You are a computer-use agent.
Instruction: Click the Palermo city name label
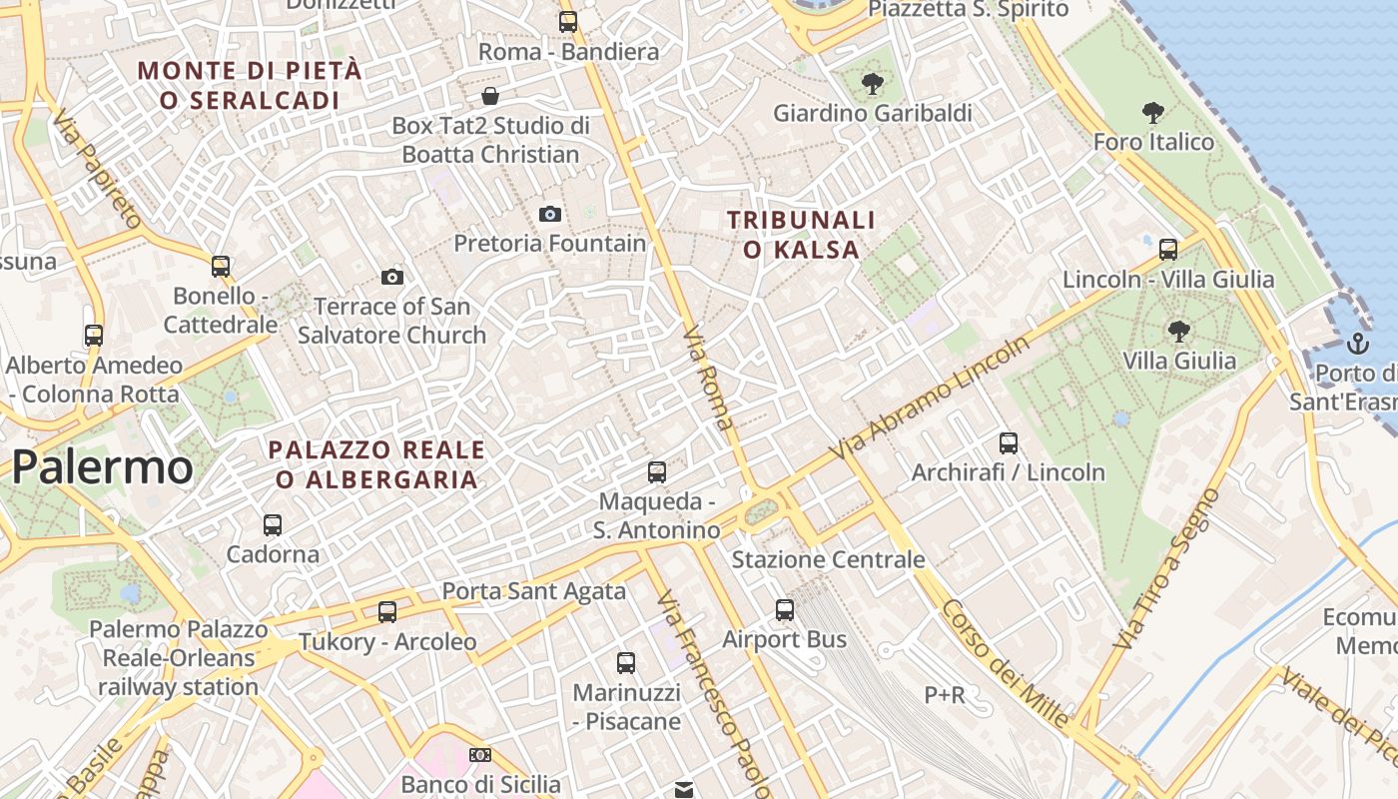click(103, 466)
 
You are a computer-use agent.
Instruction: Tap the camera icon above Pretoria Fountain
click(549, 214)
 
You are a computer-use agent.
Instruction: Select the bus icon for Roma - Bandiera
click(568, 21)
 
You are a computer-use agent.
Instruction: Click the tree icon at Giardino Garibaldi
click(872, 84)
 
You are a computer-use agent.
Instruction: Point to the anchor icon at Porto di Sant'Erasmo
click(1357, 345)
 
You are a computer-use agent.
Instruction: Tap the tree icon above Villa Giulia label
click(1178, 331)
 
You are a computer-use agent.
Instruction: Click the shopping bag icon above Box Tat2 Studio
click(490, 96)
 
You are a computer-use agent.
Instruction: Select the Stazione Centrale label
click(828, 559)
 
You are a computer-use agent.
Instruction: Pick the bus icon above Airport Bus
click(785, 609)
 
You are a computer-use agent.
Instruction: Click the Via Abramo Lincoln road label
click(930, 399)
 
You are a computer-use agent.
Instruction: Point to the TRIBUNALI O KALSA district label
click(801, 235)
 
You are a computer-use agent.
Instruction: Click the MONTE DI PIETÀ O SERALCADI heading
click(250, 85)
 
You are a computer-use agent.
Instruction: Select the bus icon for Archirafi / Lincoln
click(1009, 442)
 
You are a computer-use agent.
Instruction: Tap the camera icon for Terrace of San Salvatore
click(392, 277)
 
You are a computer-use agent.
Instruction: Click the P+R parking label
click(944, 694)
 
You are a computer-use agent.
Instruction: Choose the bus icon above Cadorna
click(272, 524)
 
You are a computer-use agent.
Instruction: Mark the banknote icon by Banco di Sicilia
click(480, 755)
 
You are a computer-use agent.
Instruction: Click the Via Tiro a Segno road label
click(1168, 569)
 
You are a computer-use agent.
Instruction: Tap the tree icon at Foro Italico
click(1153, 112)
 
